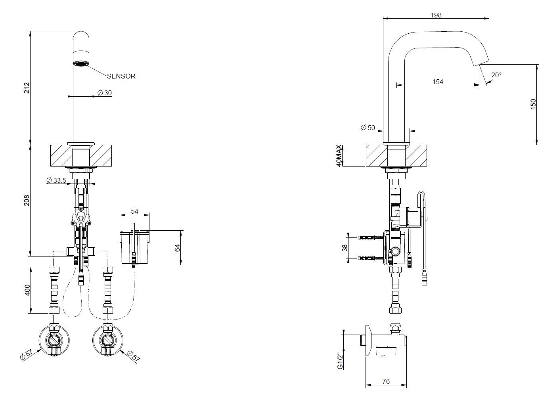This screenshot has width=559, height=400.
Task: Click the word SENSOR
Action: pyautogui.click(x=121, y=76)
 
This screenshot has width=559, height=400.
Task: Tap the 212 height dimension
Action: pyautogui.click(x=27, y=88)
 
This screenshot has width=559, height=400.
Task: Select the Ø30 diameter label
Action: pyautogui.click(x=105, y=93)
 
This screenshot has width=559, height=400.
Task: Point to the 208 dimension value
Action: pyautogui.click(x=27, y=200)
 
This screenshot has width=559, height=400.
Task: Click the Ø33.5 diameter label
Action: pyautogui.click(x=56, y=180)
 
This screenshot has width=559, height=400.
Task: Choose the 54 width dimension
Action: pyautogui.click(x=134, y=211)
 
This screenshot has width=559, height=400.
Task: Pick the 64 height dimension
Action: pyautogui.click(x=177, y=248)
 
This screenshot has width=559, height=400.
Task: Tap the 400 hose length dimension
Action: pyautogui.click(x=27, y=290)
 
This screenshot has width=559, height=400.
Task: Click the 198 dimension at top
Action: pyautogui.click(x=436, y=15)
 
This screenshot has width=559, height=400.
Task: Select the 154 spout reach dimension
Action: pyautogui.click(x=438, y=82)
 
